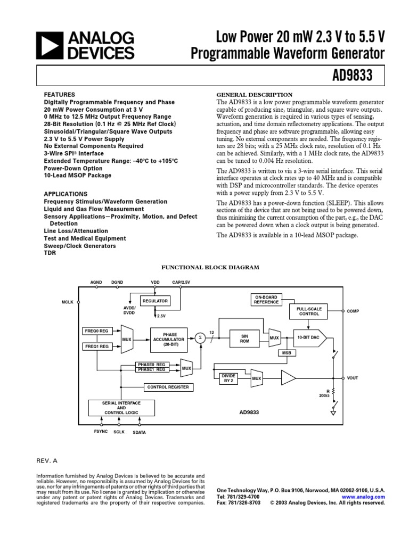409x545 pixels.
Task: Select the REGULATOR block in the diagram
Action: [x=154, y=301]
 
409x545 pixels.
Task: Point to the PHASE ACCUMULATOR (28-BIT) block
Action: [x=168, y=338]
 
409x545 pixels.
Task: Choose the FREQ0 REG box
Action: [x=96, y=331]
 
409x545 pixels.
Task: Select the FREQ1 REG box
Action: [x=96, y=346]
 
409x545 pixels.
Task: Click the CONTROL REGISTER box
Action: [x=168, y=387]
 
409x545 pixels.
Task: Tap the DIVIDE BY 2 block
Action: [x=227, y=378]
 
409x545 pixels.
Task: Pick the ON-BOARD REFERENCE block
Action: [x=266, y=299]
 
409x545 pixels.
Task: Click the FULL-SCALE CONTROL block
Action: [x=309, y=311]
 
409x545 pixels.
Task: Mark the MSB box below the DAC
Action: [x=286, y=353]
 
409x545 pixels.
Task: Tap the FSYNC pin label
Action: [x=100, y=432]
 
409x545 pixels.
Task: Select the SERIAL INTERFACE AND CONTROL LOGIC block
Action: [x=117, y=408]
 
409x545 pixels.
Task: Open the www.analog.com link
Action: [x=368, y=497]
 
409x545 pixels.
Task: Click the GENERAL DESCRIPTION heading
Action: [x=254, y=95]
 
